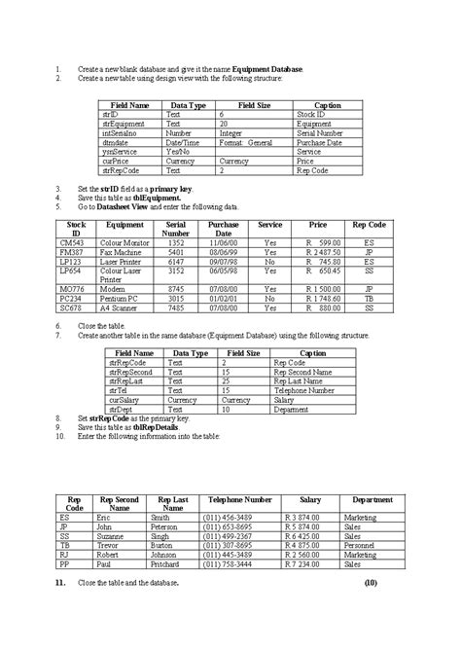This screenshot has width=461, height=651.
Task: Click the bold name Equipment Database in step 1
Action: pos(267,70)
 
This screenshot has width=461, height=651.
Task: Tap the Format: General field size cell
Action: pos(246,142)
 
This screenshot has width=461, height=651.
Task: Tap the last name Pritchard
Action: pos(167,562)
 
